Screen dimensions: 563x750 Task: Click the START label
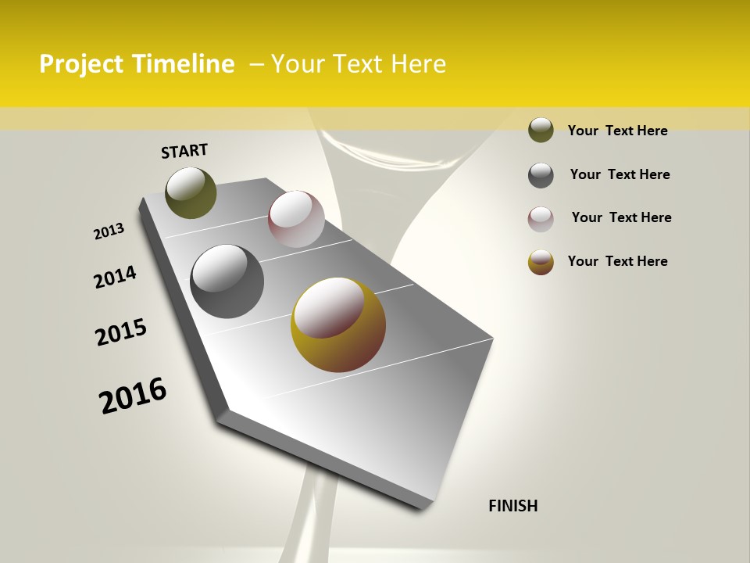(184, 151)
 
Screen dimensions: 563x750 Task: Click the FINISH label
(512, 506)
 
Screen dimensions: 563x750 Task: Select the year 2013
(109, 231)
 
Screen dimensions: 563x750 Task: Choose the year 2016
(133, 395)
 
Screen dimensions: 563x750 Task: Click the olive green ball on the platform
(191, 192)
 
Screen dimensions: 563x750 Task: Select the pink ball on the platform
(296, 218)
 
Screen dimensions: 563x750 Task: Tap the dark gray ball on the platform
(227, 281)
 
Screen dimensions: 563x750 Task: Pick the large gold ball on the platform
(338, 325)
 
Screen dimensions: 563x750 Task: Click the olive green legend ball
(541, 130)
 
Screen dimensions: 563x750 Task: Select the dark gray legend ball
(541, 175)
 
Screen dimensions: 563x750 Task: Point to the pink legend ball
(541, 218)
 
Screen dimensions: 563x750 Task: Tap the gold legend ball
(541, 262)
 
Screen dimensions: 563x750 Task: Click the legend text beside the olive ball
(617, 131)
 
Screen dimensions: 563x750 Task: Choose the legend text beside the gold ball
(617, 261)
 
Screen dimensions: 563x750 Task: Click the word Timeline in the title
(182, 64)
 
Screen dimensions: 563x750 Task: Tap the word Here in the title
(417, 64)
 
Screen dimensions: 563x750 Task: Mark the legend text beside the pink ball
(621, 217)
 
